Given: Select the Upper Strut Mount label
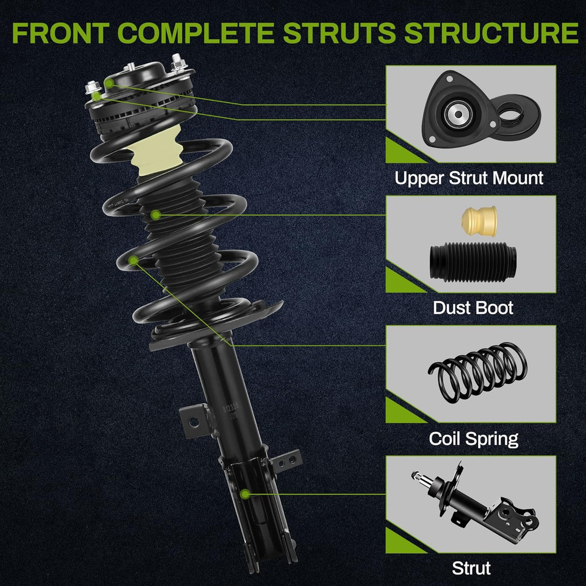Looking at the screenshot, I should tap(469, 178).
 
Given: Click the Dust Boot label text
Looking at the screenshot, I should tap(473, 308).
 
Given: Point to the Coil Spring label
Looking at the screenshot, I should tap(473, 438).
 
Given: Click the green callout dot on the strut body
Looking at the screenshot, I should tap(245, 494).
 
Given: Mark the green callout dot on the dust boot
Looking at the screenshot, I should tap(155, 215).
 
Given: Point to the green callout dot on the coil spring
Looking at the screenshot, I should tap(134, 259).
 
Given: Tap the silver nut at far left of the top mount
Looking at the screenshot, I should tap(93, 90).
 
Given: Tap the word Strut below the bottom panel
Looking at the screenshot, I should tap(471, 568).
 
